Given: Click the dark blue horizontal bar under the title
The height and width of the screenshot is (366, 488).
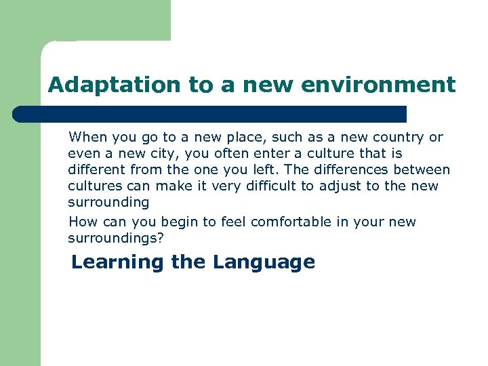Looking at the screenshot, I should [210, 114].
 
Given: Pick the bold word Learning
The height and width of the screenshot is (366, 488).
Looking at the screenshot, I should [117, 262].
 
